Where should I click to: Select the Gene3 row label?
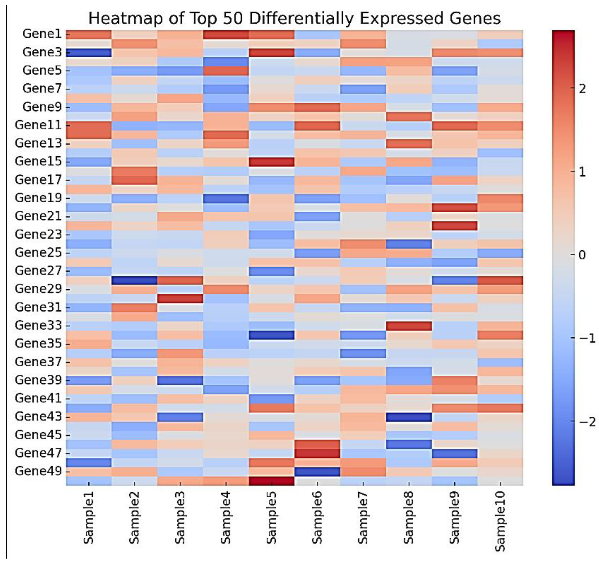[42, 52]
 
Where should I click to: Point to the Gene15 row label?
[38, 161]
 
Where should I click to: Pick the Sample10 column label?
[500, 520]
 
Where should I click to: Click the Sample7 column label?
[363, 517]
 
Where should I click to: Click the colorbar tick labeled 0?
[582, 255]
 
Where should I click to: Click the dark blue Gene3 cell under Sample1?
[89, 53]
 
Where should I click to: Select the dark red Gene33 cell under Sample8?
[409, 326]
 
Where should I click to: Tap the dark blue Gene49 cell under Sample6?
[317, 471]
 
